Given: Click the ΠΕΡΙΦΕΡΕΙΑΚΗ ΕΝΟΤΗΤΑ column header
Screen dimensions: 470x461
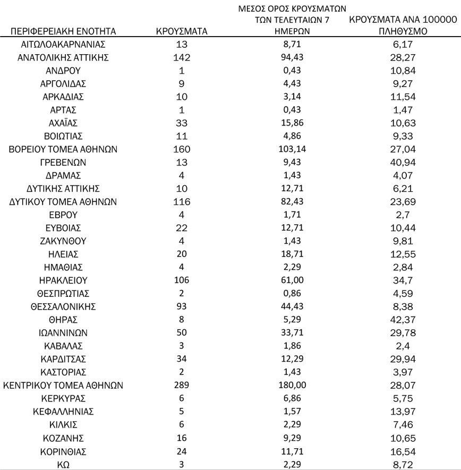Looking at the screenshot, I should pos(63,31).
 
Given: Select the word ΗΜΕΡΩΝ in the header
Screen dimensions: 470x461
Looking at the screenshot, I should pos(288,31).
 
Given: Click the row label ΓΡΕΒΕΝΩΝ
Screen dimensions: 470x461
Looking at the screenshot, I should pos(63,163).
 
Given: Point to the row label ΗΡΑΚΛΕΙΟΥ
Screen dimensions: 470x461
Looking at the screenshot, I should pos(63,280).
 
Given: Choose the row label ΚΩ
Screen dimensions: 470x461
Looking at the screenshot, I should pos(63,464).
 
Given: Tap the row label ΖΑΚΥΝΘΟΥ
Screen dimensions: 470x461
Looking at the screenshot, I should pos(63,241).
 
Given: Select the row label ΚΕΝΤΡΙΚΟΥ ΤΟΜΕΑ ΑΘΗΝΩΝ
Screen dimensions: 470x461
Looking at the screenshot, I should pos(63,386).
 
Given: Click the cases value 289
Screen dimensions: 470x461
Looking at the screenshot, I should pos(182,386).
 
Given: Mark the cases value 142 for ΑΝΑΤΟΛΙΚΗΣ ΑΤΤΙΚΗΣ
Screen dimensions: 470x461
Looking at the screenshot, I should pos(182,58).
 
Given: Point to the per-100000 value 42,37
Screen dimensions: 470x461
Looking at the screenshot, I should pos(402,320).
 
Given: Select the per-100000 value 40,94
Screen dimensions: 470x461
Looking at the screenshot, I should pos(402,163).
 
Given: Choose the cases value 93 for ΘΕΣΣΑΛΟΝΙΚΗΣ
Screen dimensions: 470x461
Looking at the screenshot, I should pos(182,307).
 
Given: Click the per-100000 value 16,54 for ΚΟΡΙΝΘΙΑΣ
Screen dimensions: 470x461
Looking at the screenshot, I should pos(402,451).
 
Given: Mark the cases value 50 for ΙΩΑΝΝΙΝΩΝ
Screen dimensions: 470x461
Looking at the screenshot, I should pos(182,333).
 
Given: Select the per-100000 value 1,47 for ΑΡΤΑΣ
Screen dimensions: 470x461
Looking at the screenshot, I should pos(402,110).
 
